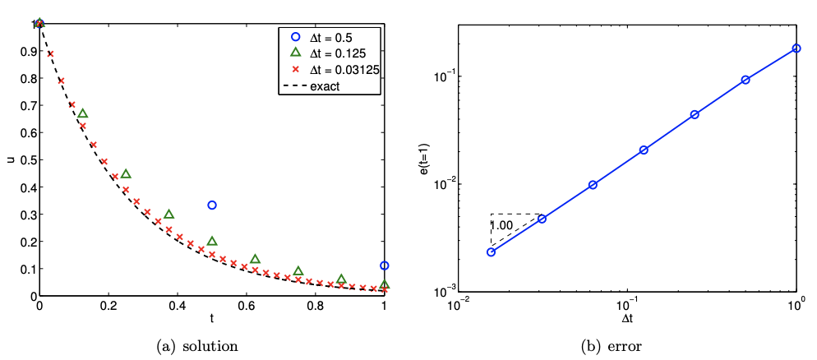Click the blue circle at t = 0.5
tap(212, 205)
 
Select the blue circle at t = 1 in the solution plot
tap(385, 265)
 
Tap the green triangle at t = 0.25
tap(126, 174)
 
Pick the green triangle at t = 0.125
tap(82, 113)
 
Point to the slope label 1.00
tap(502, 224)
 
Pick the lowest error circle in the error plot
tap(491, 252)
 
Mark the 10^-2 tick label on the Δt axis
tap(457, 304)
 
